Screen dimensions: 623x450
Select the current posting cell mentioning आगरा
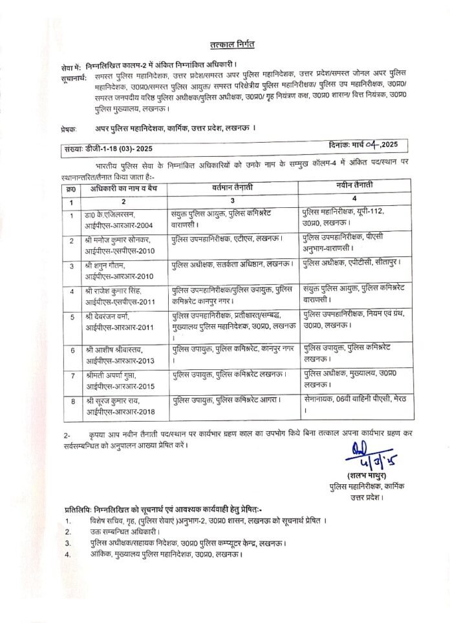[x=226, y=400]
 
